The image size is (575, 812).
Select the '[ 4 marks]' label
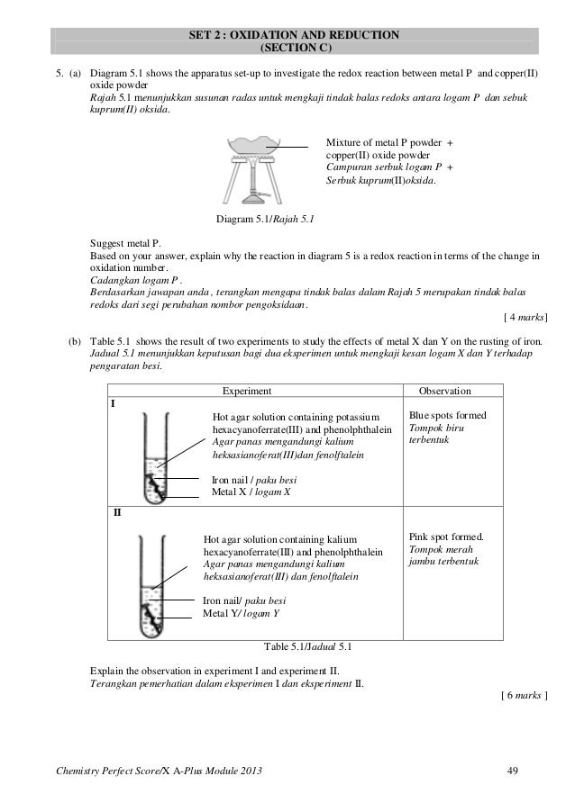525,317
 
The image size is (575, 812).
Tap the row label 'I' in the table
113,404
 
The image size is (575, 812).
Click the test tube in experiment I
155,455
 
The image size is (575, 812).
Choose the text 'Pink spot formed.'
445,537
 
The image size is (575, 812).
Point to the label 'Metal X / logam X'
251,492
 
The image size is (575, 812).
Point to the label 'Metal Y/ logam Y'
241,613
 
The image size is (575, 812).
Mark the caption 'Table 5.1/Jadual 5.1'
308,646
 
